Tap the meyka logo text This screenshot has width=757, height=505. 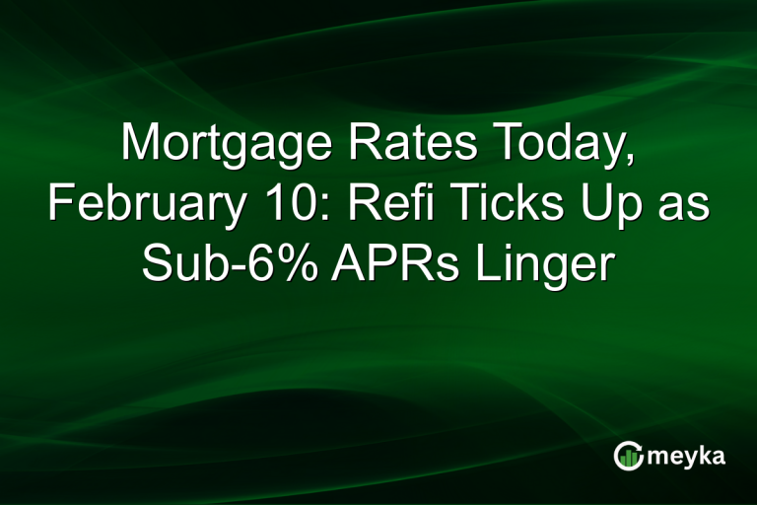pyautogui.click(x=685, y=457)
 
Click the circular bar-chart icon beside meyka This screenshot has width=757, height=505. pyautogui.click(x=628, y=456)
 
